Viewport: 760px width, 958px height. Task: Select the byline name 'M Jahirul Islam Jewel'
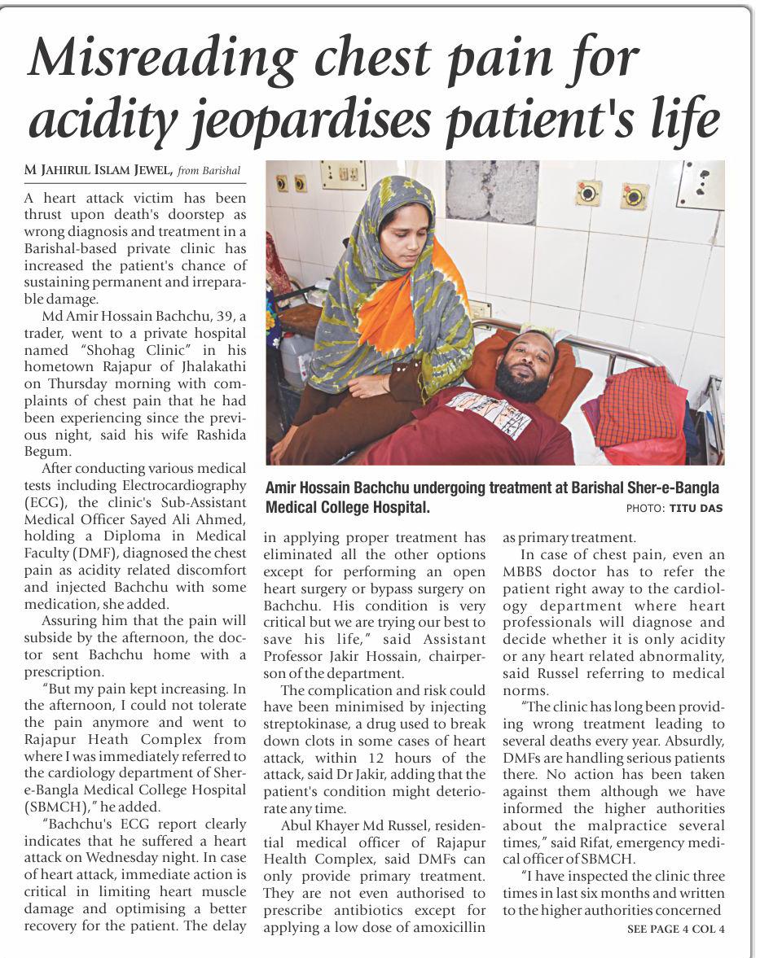(x=99, y=169)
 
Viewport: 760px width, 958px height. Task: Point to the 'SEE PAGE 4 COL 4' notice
(x=675, y=929)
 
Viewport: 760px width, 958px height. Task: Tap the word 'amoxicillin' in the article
(x=449, y=928)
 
